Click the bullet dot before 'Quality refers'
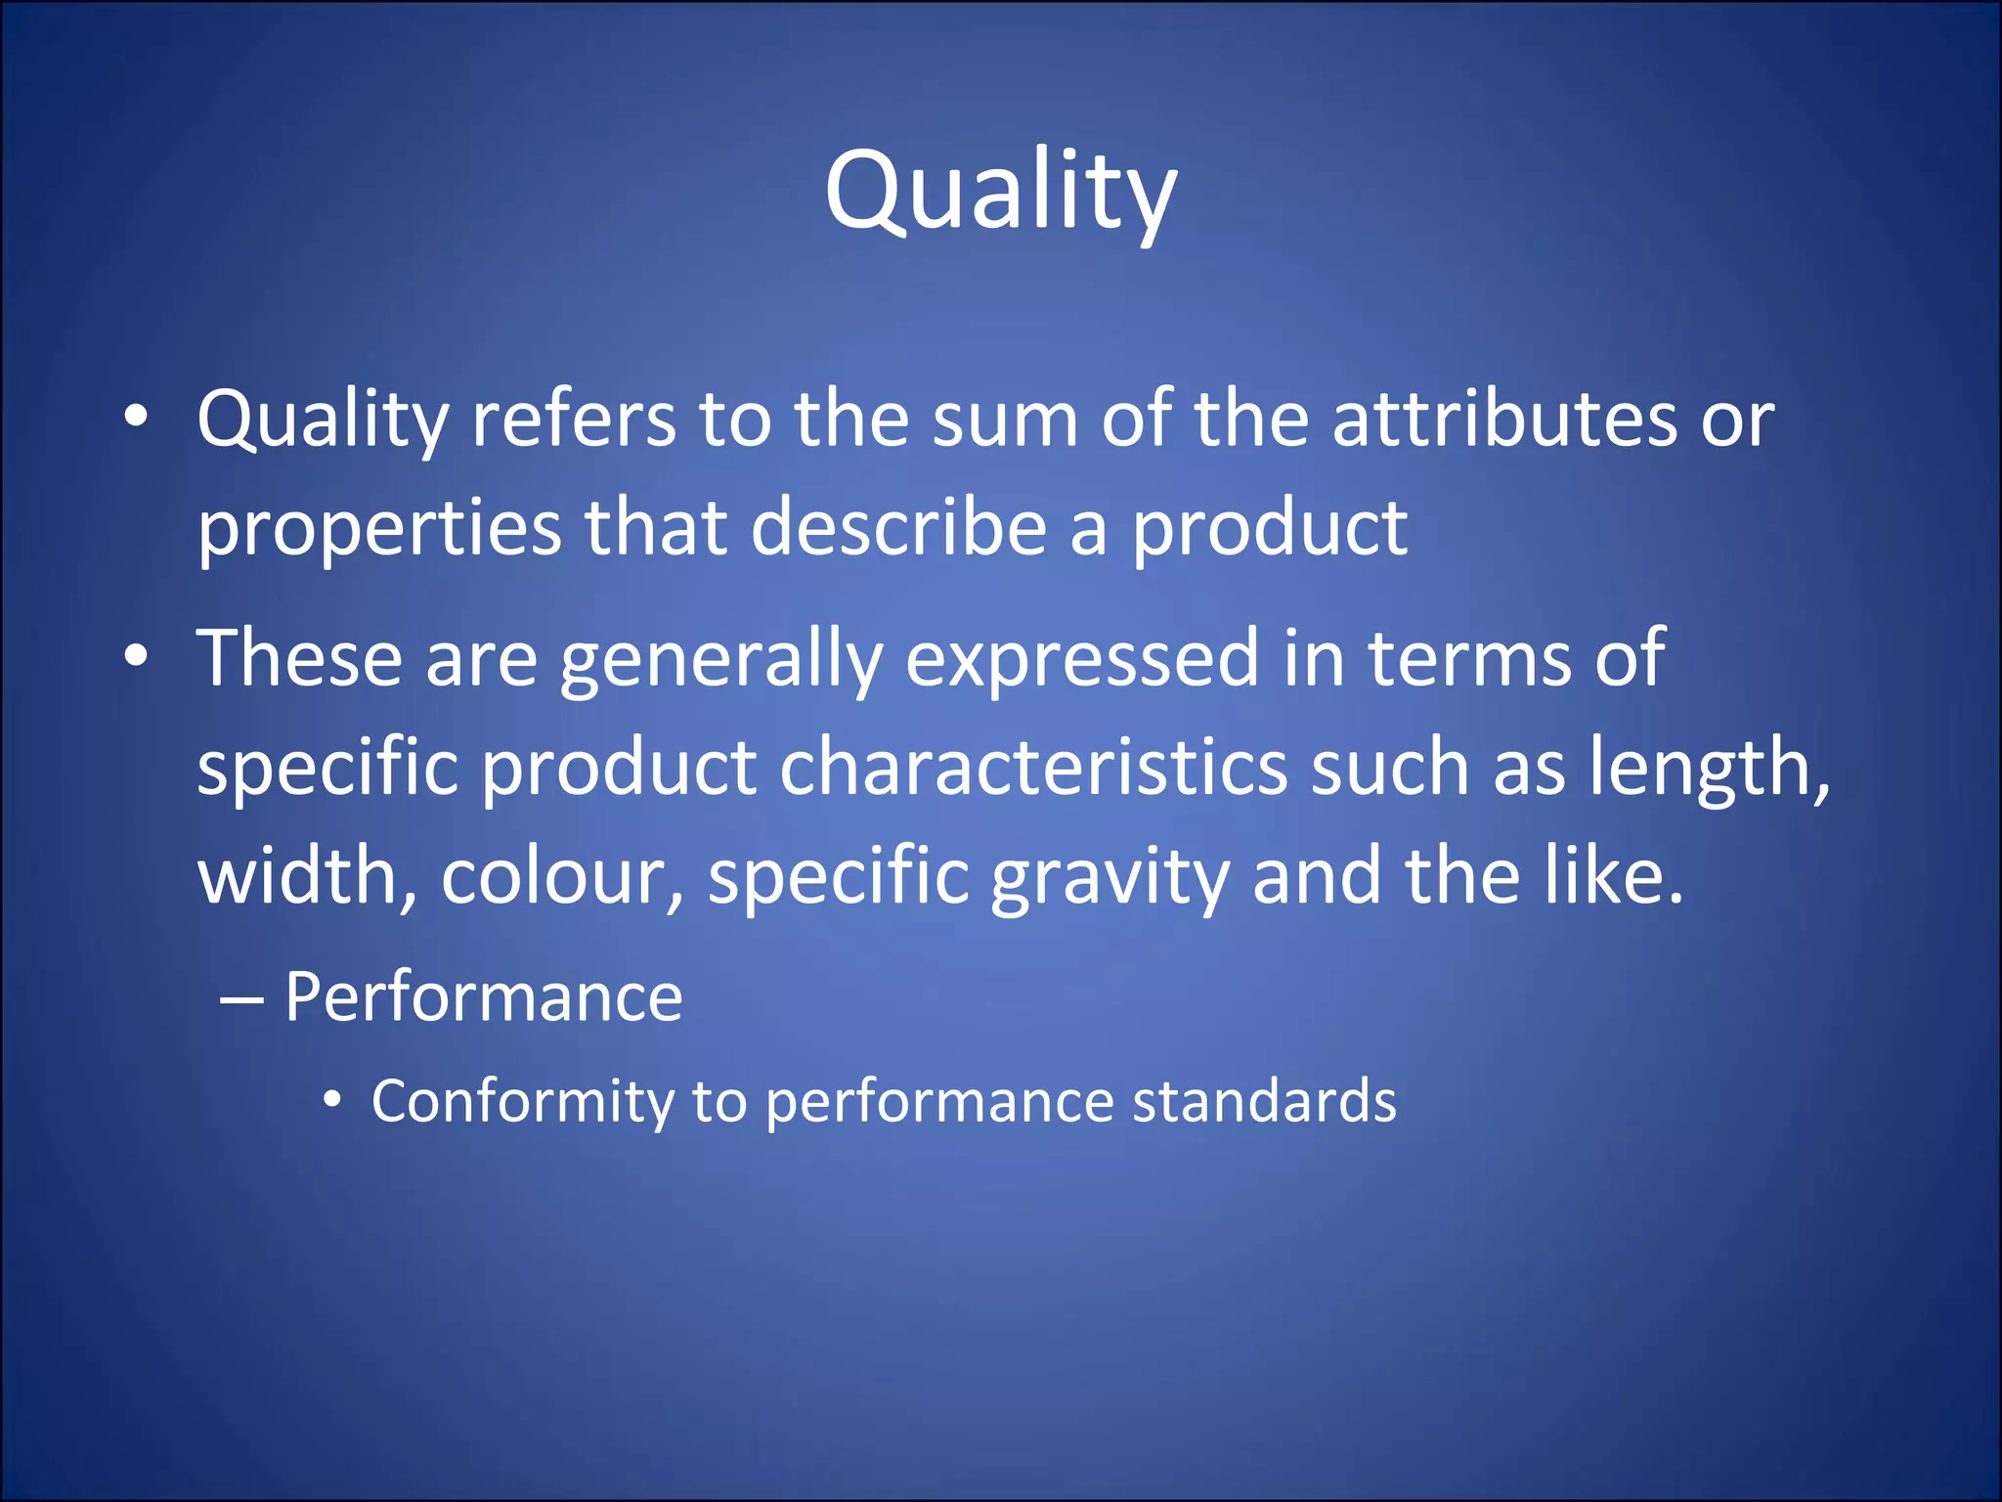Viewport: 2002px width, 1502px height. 136,417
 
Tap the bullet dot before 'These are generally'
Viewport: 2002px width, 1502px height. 136,656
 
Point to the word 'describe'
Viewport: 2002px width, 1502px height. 898,528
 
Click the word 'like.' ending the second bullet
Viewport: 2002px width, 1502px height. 1614,875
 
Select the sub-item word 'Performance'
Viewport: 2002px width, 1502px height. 483,998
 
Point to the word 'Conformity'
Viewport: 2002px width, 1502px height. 522,1103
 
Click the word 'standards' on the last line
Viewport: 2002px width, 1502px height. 1264,1102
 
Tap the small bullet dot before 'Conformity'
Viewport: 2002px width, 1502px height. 332,1101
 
